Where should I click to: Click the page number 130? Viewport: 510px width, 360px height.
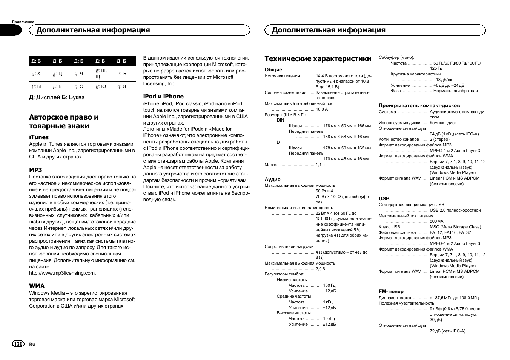coord(18,344)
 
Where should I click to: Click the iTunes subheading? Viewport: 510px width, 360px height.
coord(39,137)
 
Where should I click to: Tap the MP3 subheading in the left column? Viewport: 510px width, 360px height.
coord(36,170)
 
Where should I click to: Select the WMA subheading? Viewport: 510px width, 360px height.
coord(37,286)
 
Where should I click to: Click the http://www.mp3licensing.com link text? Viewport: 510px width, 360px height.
coord(63,273)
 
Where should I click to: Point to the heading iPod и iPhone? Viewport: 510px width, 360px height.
coord(163,97)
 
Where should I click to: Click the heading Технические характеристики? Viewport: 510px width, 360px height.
coord(318,59)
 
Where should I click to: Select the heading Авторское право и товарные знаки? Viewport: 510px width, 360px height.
coord(64,122)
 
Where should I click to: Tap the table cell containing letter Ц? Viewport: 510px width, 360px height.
coord(57,74)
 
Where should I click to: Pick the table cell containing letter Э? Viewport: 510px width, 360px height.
coord(79,86)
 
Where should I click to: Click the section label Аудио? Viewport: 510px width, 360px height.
coord(272,180)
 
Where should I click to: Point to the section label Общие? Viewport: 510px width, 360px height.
coord(273,70)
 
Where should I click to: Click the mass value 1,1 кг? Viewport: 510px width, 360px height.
coord(321,165)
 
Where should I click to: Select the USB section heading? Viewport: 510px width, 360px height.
coord(384,199)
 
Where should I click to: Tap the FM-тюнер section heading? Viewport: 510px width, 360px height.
coord(391,292)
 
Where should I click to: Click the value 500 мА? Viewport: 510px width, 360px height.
coord(436,222)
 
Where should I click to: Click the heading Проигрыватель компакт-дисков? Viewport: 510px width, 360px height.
coord(419,106)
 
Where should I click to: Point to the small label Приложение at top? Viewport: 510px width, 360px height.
coord(23,22)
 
